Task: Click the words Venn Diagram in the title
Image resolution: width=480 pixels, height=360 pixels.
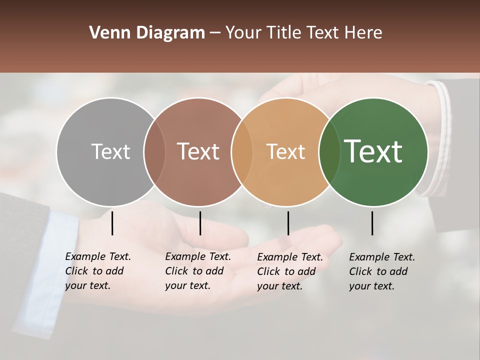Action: point(147,33)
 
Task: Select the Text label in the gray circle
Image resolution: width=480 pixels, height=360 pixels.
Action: point(110,151)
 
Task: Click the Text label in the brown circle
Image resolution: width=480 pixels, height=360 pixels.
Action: point(198,151)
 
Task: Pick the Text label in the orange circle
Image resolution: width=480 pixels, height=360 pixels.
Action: point(285,151)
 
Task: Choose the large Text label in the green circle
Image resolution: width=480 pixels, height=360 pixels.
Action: point(373,151)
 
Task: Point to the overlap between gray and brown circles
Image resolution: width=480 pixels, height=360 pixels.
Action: point(154,152)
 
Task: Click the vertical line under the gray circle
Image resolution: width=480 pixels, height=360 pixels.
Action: point(112,223)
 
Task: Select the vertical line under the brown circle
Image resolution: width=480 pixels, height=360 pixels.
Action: point(200,223)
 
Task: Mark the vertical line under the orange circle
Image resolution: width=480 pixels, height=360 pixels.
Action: point(288,223)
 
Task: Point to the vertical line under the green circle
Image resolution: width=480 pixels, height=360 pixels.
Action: point(372,223)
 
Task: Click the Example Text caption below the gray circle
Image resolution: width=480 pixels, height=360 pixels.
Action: point(98,271)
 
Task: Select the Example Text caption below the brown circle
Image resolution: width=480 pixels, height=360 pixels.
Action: point(198,271)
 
